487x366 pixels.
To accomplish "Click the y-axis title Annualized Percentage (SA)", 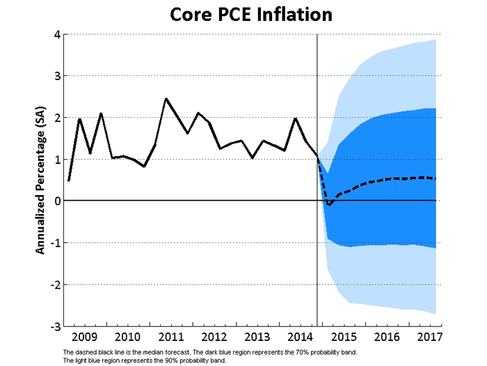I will tap(40, 180).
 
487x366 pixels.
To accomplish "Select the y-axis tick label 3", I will tap(56, 76).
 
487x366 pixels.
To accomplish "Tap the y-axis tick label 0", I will tap(56, 201).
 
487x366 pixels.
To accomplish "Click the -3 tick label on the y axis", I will tap(54, 326).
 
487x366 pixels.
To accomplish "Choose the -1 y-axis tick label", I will tap(54, 243).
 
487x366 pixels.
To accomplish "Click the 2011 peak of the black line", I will tap(166, 99).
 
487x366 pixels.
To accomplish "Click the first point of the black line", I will tap(68, 181).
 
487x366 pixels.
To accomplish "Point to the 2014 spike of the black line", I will tap(295, 119).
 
